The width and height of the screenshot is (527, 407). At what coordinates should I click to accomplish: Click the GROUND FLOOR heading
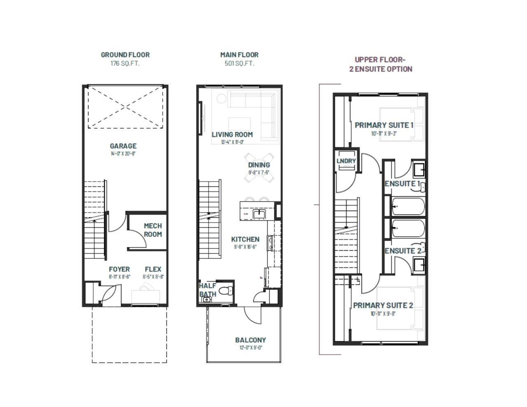click(125, 55)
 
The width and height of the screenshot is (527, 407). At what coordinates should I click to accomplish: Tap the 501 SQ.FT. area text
click(239, 63)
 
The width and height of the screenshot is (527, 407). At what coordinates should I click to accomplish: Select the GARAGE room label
click(123, 146)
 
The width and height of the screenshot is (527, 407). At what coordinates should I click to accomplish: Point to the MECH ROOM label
click(153, 230)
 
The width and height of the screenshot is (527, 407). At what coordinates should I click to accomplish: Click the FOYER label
click(119, 270)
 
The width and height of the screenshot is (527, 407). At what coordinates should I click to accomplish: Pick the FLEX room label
click(153, 270)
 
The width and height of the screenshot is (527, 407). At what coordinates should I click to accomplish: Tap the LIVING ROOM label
click(232, 135)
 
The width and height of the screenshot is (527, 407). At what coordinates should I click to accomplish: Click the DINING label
click(259, 165)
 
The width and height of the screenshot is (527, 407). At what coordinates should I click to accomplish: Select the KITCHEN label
click(245, 240)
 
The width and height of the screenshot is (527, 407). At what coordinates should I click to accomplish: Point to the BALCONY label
click(250, 340)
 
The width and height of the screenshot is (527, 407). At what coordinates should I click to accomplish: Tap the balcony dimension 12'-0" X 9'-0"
click(251, 348)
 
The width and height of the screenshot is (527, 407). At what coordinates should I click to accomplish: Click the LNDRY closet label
click(346, 161)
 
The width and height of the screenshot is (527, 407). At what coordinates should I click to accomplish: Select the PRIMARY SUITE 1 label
click(384, 125)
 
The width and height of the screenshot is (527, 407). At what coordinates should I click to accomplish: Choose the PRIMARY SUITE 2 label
click(383, 305)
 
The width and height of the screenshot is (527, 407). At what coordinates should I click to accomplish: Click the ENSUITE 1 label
click(402, 184)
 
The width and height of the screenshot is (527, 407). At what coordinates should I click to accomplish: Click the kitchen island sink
click(259, 214)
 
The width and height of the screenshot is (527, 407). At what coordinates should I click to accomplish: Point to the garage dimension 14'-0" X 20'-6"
click(123, 154)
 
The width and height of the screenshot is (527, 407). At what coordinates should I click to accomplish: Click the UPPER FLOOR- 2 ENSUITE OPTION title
click(380, 64)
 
